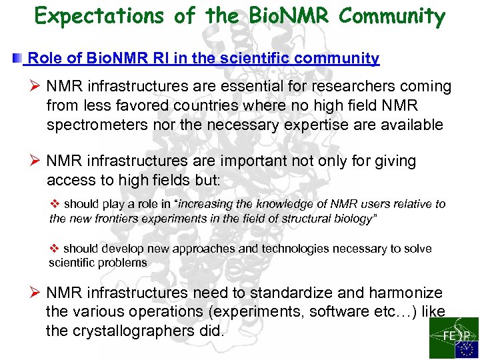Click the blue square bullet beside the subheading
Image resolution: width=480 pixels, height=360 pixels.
pyautogui.click(x=17, y=59)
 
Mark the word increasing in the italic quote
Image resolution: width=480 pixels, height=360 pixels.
pyautogui.click(x=214, y=204)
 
